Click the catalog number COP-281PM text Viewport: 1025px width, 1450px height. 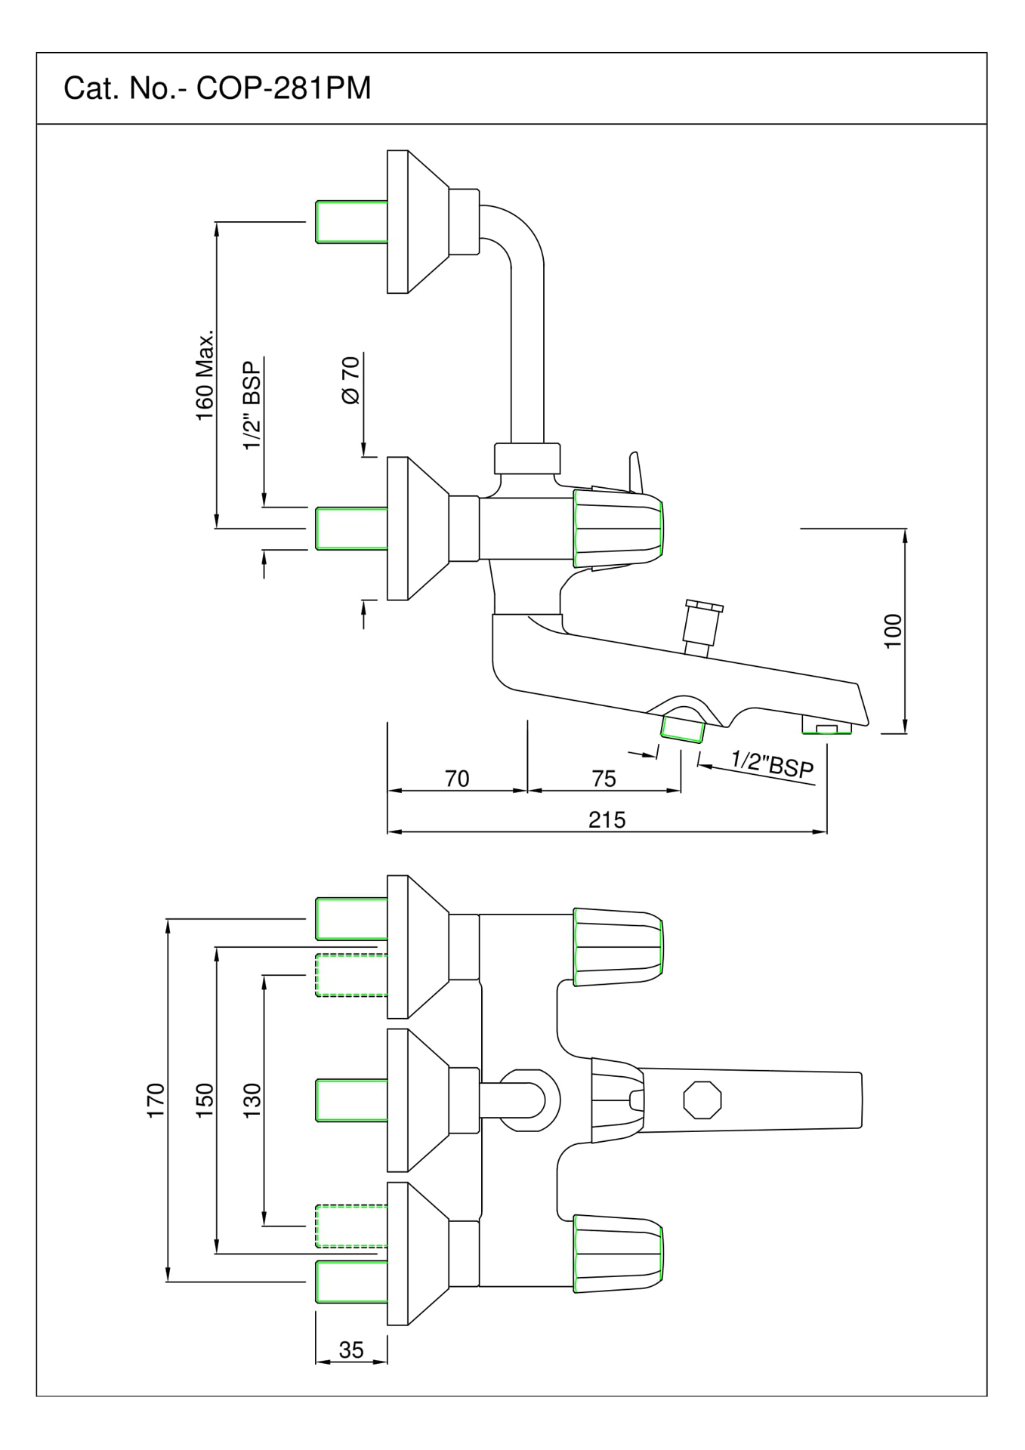coord(218,89)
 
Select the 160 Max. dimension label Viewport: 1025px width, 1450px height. coord(205,375)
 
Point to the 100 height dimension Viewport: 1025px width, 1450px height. coord(894,631)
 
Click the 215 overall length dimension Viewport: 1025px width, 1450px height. coord(607,819)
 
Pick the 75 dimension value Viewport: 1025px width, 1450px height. coord(604,779)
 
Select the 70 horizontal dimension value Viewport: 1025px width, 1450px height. coord(457,779)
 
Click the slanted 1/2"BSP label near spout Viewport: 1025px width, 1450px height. coord(772,764)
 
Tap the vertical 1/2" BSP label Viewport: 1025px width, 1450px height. coord(252,405)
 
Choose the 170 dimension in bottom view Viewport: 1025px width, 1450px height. coord(156,1100)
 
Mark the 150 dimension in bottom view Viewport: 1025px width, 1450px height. coord(205,1100)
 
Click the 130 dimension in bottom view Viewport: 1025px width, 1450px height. coord(252,1100)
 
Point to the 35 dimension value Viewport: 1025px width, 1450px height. coord(351,1350)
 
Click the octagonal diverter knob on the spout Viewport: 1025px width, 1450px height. coord(702,1100)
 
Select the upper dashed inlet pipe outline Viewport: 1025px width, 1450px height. coord(350,975)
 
